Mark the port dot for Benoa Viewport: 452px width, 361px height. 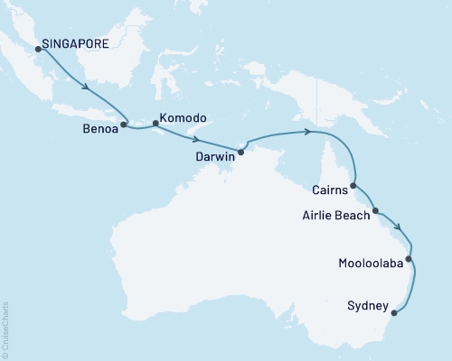tap(124, 125)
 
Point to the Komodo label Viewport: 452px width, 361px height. tap(183, 118)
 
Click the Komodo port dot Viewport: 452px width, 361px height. tap(155, 125)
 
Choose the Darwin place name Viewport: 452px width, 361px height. tap(215, 156)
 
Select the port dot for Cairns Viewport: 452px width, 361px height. tap(353, 185)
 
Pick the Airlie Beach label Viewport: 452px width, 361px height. tap(336, 216)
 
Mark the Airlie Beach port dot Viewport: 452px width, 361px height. tap(375, 210)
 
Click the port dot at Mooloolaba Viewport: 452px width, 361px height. tap(410, 260)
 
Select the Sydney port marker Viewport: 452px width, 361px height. tap(394, 315)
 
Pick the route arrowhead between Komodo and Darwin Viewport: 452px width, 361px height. tap(196, 140)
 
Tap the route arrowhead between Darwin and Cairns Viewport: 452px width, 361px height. tap(309, 133)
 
